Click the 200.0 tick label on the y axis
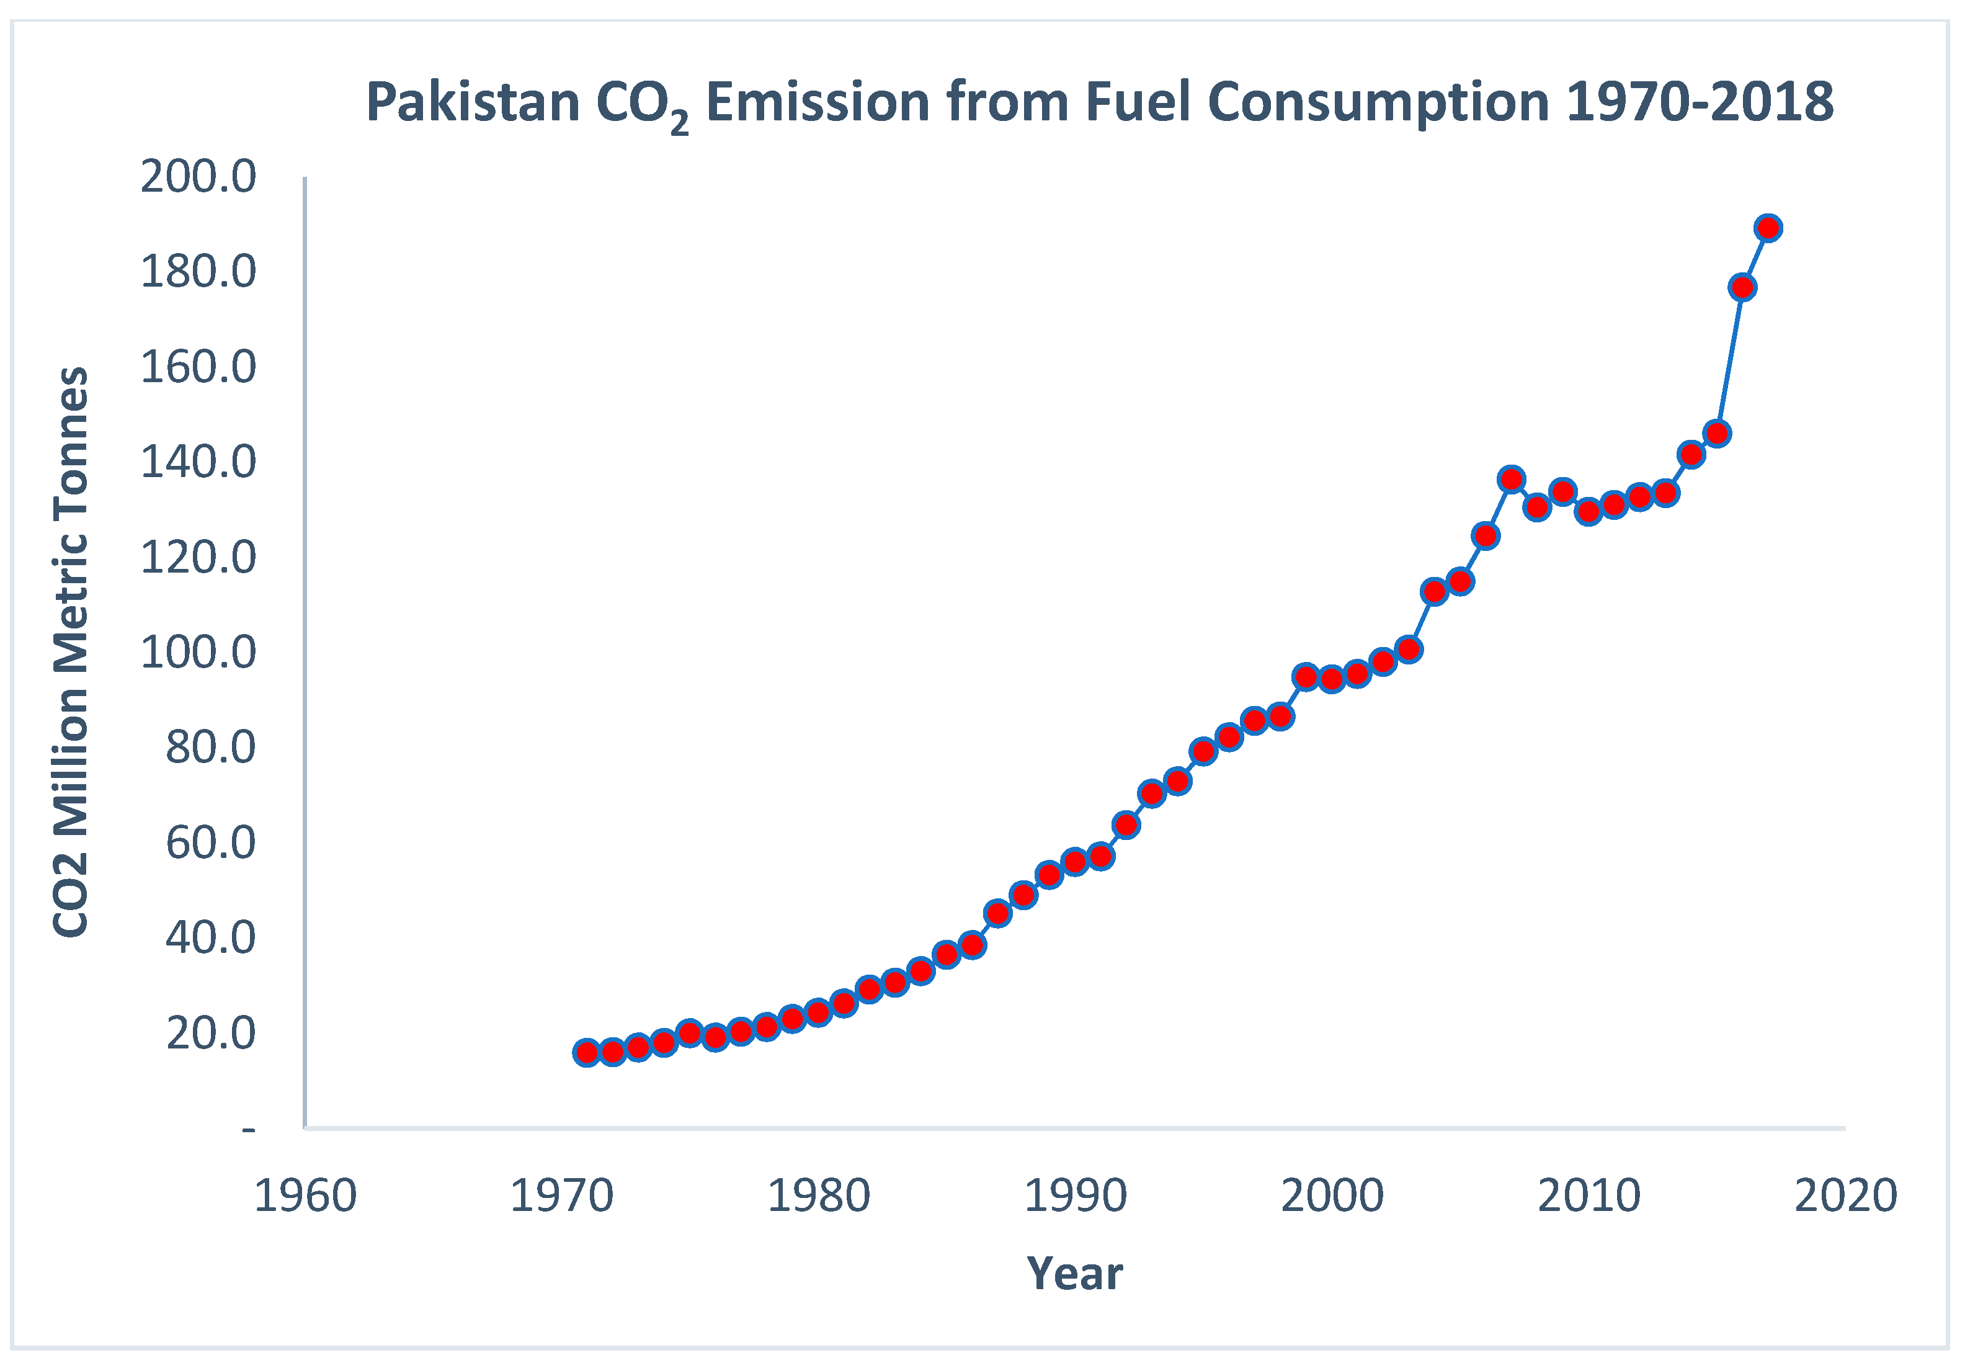click(198, 177)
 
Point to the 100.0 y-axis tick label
click(198, 653)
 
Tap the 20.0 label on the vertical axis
click(210, 1034)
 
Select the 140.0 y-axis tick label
click(198, 463)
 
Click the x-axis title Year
click(1075, 1274)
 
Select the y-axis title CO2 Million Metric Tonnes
click(71, 653)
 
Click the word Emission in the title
click(818, 102)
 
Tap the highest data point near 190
click(1768, 228)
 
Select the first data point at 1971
click(586, 1052)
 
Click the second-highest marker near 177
click(1742, 287)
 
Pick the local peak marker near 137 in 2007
click(1511, 479)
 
